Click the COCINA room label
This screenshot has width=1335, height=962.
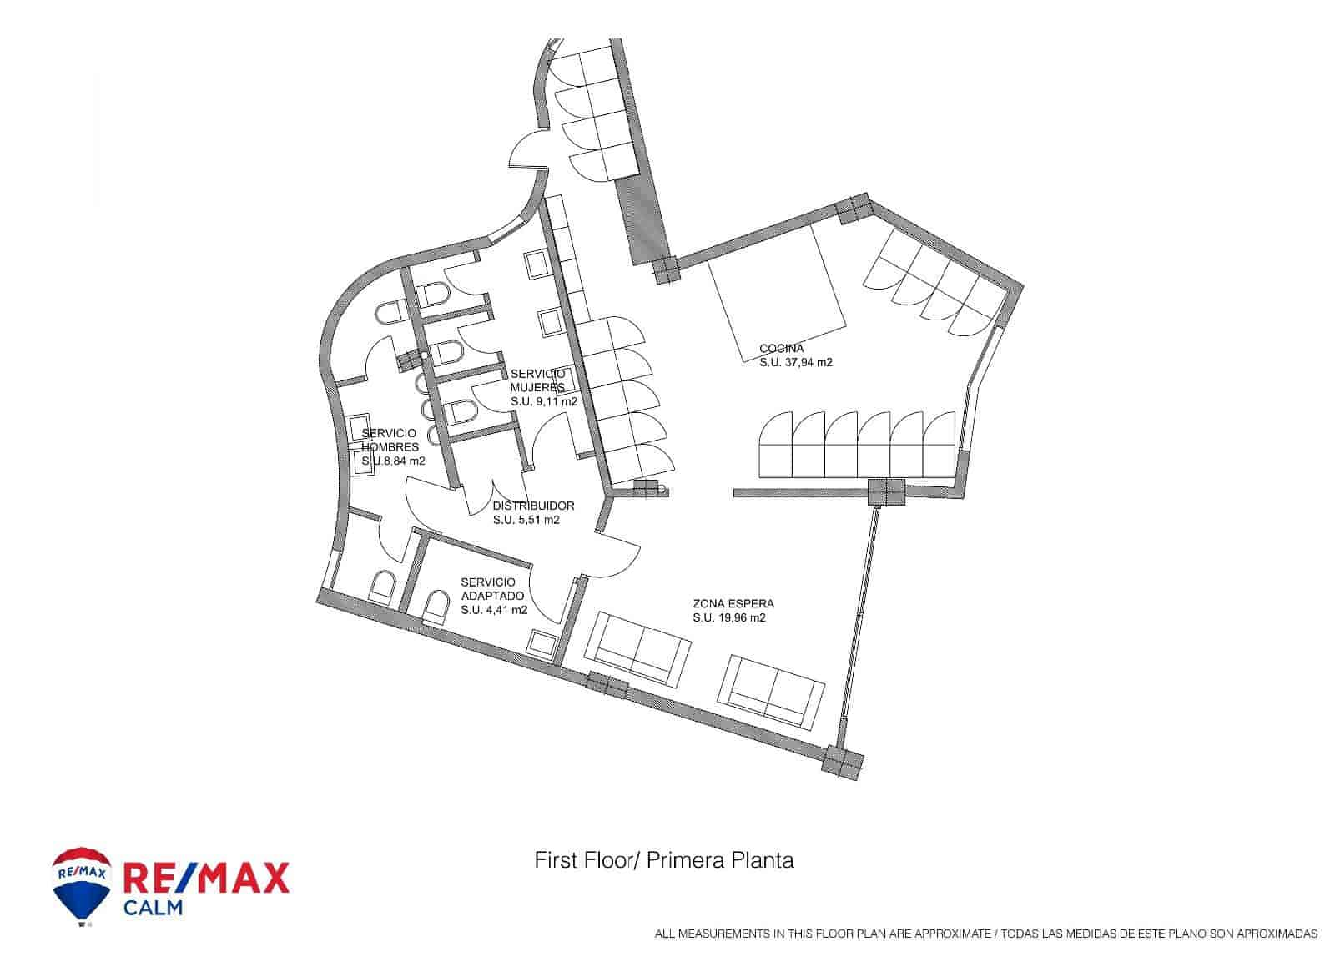tap(781, 348)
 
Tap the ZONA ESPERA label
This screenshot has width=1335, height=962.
tap(733, 603)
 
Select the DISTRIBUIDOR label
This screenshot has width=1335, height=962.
tap(533, 506)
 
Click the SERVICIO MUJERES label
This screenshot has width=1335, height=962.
tap(537, 380)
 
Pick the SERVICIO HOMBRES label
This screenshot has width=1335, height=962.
tap(390, 440)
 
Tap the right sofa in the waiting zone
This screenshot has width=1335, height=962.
tap(772, 688)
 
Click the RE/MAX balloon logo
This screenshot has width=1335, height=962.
tap(82, 886)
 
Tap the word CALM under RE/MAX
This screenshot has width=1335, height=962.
tap(153, 908)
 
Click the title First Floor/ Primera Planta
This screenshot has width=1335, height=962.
tap(663, 860)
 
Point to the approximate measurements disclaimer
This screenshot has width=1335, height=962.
tap(985, 934)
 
